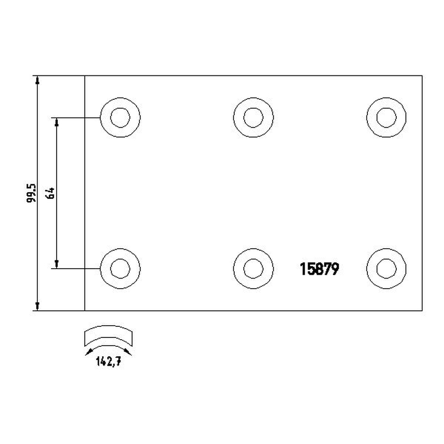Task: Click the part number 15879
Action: pos(319,269)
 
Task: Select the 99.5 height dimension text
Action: pos(32,193)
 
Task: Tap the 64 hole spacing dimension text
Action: pos(51,193)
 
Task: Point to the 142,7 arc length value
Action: pos(108,361)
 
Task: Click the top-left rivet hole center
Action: pos(120,118)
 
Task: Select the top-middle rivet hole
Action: pos(254,118)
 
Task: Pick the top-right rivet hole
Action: pos(386,118)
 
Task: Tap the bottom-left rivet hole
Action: pos(120,269)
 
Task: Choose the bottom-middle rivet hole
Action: pos(254,269)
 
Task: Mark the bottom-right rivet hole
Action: pos(386,269)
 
